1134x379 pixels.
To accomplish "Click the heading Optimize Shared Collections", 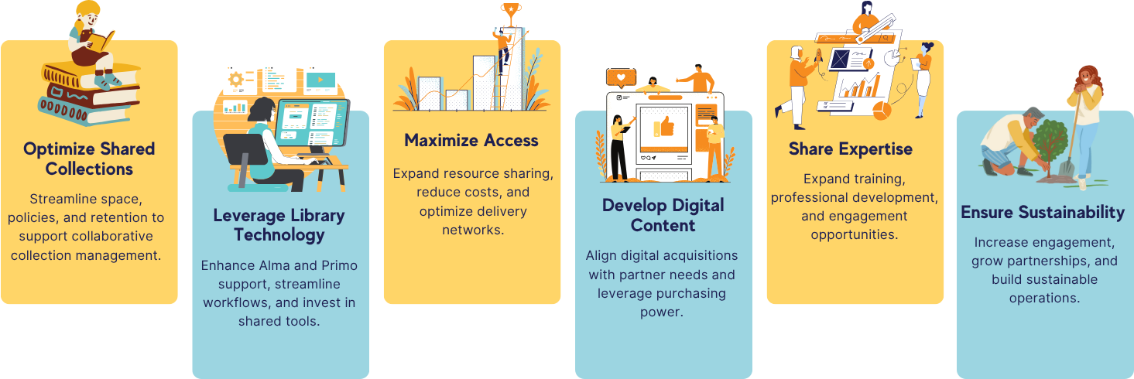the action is pyautogui.click(x=89, y=159).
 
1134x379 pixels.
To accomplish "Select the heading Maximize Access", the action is pyautogui.click(x=471, y=140).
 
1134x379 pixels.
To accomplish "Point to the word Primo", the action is pyautogui.click(x=340, y=265).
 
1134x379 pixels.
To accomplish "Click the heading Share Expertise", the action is pyautogui.click(x=851, y=149).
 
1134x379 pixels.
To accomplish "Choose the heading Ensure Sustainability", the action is pyautogui.click(x=1043, y=213).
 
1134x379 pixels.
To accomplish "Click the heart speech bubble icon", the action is pyautogui.click(x=621, y=77).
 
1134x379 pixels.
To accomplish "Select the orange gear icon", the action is pyautogui.click(x=235, y=80).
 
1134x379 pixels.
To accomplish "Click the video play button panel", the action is pyautogui.click(x=320, y=80).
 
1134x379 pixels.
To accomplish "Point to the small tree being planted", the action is pyautogui.click(x=1051, y=147).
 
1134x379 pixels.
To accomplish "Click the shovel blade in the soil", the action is pyautogui.click(x=1067, y=167).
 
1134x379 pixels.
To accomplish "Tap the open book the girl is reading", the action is pyautogui.click(x=103, y=42).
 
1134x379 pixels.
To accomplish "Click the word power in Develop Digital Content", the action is pyautogui.click(x=661, y=312).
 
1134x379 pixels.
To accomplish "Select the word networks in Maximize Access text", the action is pyautogui.click(x=473, y=230).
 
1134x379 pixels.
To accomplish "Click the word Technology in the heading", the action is pyautogui.click(x=279, y=235).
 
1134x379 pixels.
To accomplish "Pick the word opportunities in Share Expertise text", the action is pyautogui.click(x=854, y=235).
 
